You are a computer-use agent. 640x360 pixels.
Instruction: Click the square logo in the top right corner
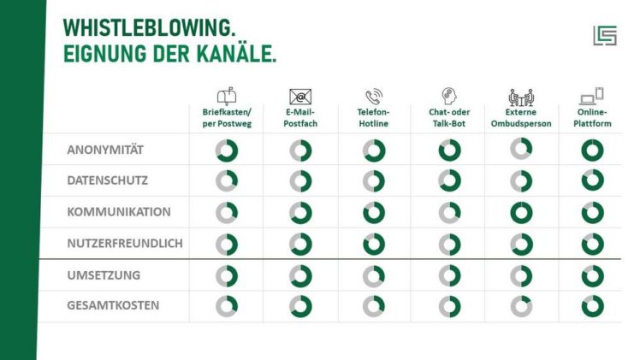(x=604, y=35)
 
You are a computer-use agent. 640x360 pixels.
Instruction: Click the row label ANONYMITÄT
(x=105, y=150)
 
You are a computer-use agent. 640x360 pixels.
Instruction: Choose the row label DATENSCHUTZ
(x=108, y=180)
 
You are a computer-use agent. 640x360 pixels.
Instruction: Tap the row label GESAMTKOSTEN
(x=113, y=304)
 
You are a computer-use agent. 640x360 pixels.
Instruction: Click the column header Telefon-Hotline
(x=373, y=117)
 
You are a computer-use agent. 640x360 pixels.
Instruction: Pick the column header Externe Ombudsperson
(x=521, y=117)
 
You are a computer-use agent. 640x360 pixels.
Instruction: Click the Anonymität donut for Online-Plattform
(x=592, y=150)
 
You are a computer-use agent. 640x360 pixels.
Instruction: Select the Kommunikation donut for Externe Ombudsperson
(x=521, y=212)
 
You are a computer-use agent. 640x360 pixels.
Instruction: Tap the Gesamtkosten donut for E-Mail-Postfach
(x=300, y=305)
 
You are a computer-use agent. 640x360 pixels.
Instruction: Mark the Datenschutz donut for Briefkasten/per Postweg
(x=226, y=181)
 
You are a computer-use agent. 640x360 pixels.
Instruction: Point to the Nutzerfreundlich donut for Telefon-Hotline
(x=374, y=244)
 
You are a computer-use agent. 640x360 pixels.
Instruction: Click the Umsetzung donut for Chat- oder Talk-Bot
(x=449, y=275)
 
